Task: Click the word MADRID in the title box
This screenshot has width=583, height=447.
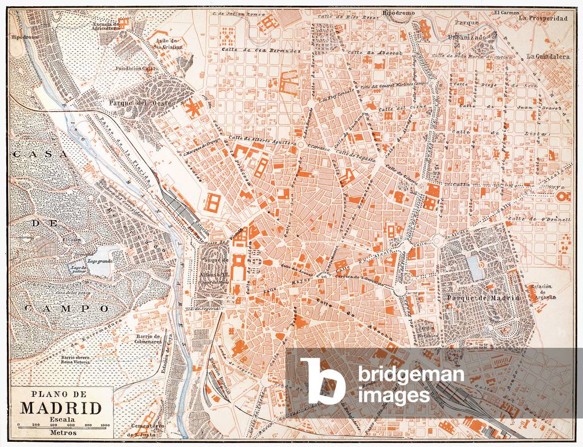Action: [62, 408]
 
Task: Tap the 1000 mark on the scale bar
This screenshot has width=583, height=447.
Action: [105, 425]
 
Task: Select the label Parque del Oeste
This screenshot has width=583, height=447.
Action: [133, 103]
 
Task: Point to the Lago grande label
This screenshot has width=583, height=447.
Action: [100, 261]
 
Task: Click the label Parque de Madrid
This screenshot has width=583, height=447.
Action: [483, 298]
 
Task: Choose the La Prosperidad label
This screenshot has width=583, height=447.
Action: [544, 18]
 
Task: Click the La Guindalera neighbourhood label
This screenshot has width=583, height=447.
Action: [548, 56]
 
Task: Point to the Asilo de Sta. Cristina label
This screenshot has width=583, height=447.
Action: [166, 44]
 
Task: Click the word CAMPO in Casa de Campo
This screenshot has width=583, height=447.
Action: [67, 308]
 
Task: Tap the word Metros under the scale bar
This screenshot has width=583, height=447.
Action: [61, 432]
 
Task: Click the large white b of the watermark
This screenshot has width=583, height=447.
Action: [322, 381]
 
